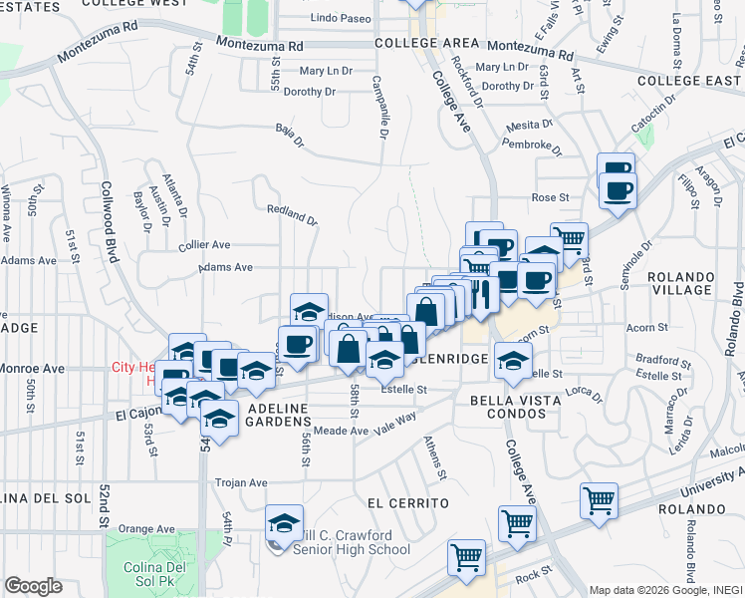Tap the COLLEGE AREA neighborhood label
426,45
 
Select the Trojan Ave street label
241,482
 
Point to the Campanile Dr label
379,108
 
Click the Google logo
33,585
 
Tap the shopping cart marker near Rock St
466,559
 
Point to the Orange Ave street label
146,529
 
